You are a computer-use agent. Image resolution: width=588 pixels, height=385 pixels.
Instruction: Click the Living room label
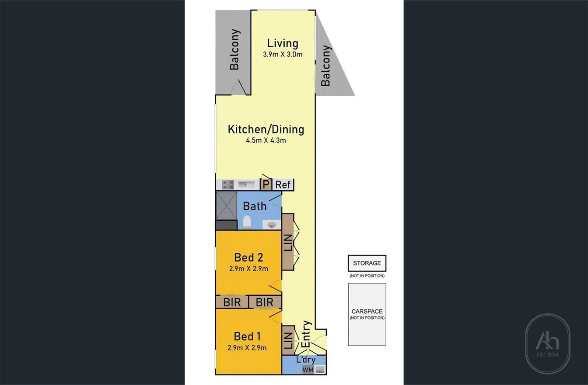283,43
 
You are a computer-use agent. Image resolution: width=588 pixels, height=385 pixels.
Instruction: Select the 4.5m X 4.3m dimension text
266,140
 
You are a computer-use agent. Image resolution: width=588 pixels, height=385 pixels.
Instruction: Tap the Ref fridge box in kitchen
283,185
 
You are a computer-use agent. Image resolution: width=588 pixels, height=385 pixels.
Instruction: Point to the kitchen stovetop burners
227,185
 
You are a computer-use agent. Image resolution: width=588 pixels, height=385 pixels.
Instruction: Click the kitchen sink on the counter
246,185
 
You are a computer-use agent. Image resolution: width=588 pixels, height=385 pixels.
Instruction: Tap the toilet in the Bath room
246,222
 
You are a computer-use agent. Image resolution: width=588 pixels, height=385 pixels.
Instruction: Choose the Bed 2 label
248,257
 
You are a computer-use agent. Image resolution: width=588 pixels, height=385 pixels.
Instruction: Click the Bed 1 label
247,336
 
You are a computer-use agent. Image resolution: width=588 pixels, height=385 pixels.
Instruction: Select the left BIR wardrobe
232,302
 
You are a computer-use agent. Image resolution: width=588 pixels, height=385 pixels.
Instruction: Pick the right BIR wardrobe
265,302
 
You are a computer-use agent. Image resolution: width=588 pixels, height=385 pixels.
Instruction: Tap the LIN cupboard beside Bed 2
288,241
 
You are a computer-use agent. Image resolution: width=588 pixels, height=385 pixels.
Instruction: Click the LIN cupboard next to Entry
287,340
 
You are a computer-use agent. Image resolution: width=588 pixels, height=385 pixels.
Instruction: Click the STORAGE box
367,263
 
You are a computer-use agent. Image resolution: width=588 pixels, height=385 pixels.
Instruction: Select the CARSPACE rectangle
367,314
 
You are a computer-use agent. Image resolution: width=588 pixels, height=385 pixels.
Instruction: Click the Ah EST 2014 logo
547,344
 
